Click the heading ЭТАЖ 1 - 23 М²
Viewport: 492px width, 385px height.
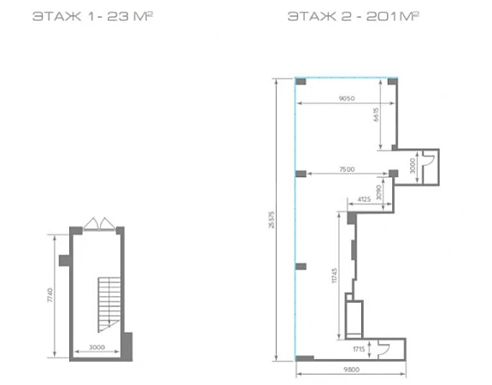click(x=92, y=16)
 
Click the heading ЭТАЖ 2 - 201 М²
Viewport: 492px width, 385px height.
click(x=354, y=16)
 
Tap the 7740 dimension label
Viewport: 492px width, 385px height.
click(x=50, y=295)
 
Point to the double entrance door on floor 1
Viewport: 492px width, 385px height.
click(x=99, y=223)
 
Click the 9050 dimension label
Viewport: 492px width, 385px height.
click(x=347, y=98)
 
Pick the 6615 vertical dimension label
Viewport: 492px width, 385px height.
click(x=376, y=115)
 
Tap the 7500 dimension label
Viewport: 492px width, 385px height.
click(x=347, y=169)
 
